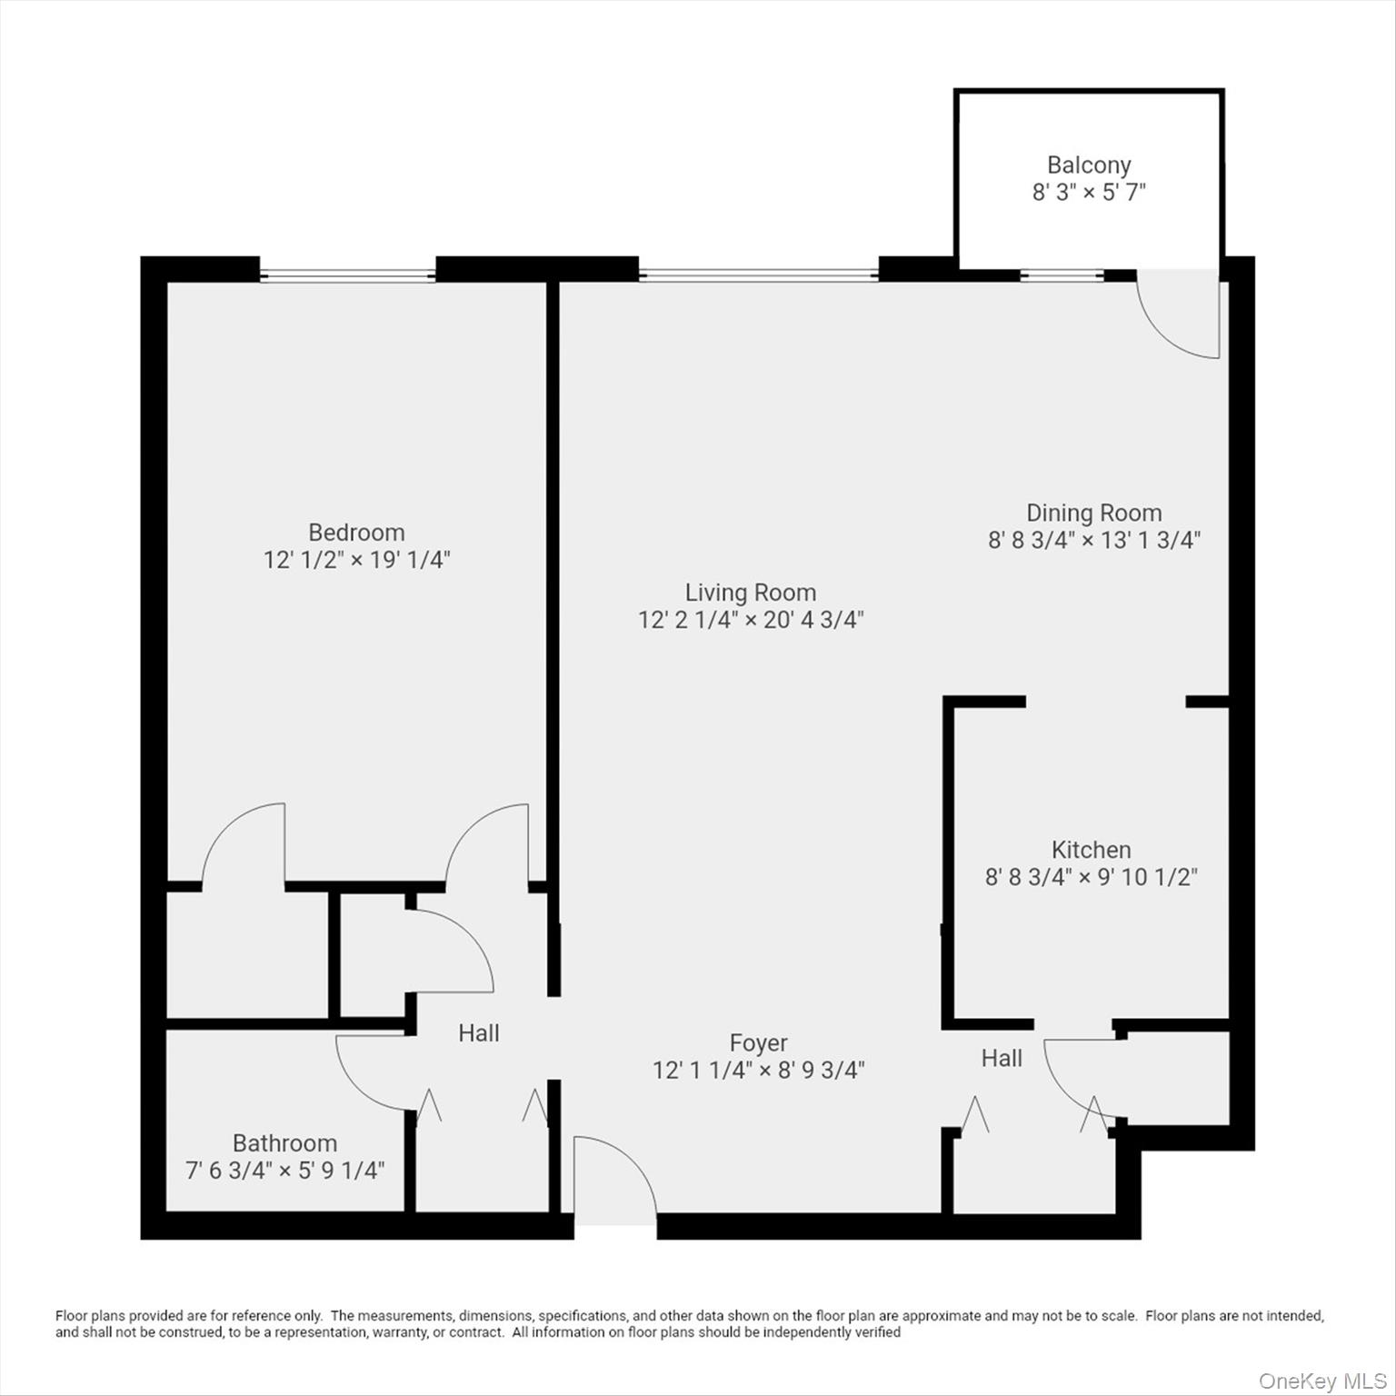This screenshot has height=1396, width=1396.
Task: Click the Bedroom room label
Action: tap(356, 533)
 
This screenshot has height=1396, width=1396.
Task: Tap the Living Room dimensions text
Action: tap(750, 620)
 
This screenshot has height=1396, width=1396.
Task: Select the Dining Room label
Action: tap(1093, 513)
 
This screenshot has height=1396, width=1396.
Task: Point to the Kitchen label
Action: tap(1091, 850)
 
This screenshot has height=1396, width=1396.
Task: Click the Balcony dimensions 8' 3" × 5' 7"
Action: tap(1088, 193)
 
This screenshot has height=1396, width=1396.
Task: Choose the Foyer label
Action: tap(758, 1042)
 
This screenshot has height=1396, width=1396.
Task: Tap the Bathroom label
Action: tap(284, 1142)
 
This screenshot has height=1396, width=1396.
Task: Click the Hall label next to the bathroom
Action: tap(478, 1033)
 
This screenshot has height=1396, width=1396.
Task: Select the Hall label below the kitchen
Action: tap(1002, 1058)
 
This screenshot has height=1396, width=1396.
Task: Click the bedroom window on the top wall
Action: tap(347, 274)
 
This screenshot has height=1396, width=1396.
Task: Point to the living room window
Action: tap(758, 274)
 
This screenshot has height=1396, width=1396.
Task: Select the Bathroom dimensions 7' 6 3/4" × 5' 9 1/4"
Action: tap(284, 1171)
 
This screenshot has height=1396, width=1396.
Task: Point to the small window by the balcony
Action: tap(1061, 274)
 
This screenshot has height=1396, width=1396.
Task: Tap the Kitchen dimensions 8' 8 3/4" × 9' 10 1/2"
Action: tap(1091, 877)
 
